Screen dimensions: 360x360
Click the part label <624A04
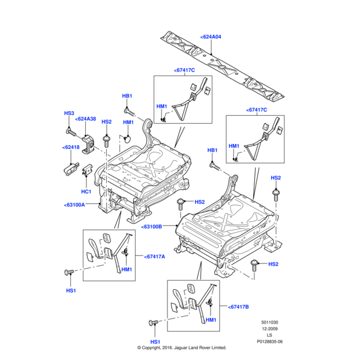(x=211, y=37)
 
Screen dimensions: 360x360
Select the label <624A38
(x=85, y=119)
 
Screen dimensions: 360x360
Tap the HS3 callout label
(x=69, y=113)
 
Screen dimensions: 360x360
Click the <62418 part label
(x=71, y=147)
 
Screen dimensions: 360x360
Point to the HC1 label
(x=86, y=191)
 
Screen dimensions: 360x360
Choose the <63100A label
(x=74, y=205)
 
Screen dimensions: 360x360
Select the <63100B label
(x=151, y=227)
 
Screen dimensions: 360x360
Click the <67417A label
(x=155, y=257)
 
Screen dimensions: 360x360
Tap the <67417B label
(x=238, y=307)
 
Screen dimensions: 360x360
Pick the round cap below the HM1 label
(x=127, y=139)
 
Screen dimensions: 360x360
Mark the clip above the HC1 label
(x=87, y=170)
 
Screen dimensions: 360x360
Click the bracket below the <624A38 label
(x=88, y=144)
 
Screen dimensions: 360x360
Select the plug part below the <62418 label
(x=71, y=169)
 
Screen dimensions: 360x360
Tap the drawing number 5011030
(x=269, y=322)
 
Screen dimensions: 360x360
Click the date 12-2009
(x=269, y=329)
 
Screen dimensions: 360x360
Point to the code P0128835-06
(x=269, y=341)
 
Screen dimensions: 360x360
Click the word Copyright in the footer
(x=151, y=347)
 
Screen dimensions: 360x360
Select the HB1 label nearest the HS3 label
(x=127, y=96)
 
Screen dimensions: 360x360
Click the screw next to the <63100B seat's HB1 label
(x=215, y=166)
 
